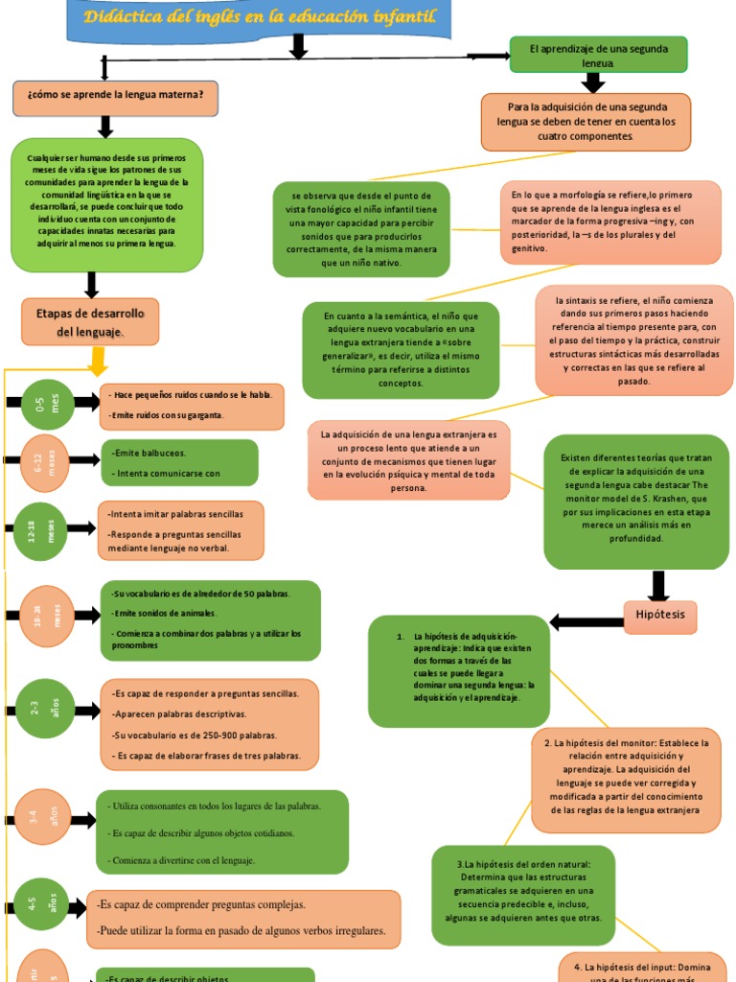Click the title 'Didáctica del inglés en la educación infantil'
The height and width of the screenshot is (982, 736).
[259, 17]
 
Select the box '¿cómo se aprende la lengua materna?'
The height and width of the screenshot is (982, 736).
[115, 97]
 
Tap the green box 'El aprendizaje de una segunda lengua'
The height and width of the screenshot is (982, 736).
[598, 55]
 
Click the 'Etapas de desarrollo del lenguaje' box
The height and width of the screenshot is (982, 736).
[90, 322]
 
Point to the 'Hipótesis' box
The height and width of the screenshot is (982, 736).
[660, 616]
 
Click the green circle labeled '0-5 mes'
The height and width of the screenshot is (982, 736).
[47, 406]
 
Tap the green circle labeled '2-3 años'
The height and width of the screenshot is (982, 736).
[44, 710]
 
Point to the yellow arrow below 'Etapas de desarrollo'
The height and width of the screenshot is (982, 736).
[97, 362]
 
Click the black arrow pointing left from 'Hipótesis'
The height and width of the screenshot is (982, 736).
[586, 622]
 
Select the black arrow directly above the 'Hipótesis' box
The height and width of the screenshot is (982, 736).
[658, 585]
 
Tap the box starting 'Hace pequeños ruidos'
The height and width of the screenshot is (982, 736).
[192, 406]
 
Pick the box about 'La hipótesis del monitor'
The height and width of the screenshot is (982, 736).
[626, 777]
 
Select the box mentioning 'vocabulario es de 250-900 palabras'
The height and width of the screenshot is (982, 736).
[209, 724]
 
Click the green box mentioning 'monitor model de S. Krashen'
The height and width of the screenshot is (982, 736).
[635, 502]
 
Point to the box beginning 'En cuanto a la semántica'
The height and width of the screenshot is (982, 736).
[401, 350]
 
